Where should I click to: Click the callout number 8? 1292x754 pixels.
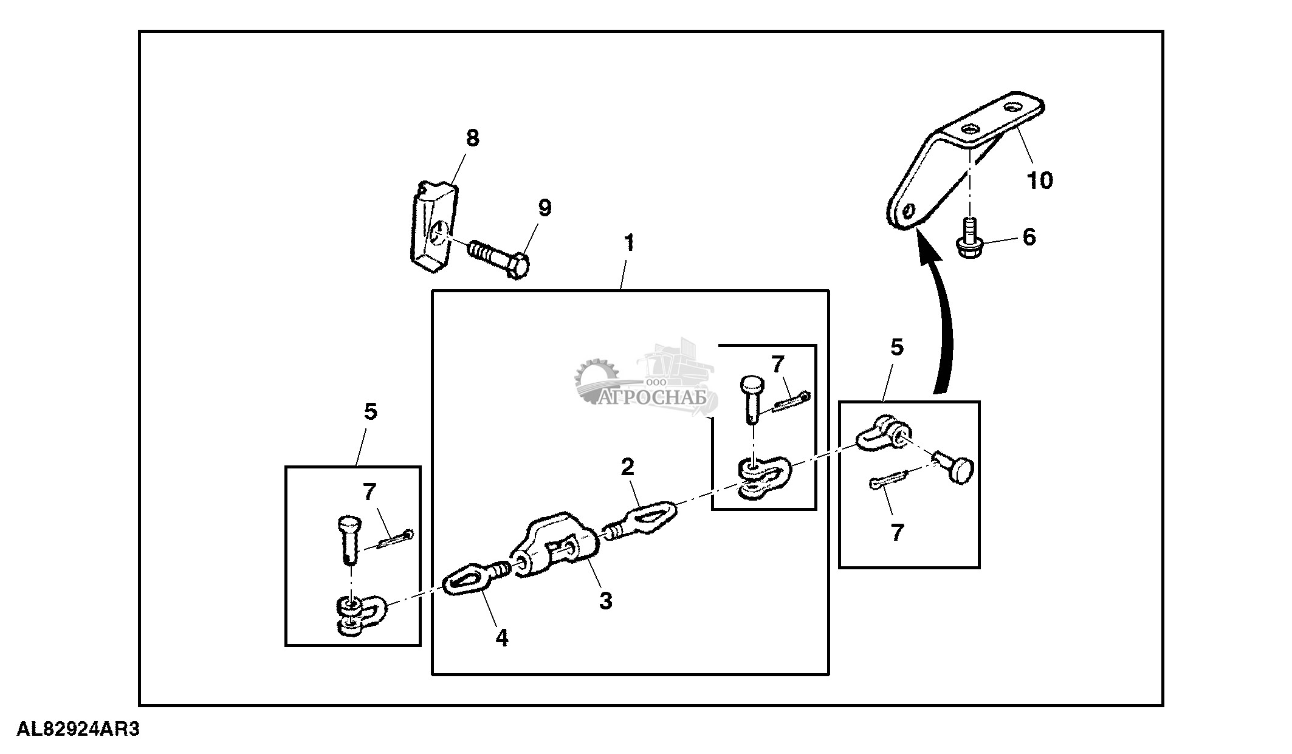(x=472, y=139)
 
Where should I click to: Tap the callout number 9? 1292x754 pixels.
(x=545, y=208)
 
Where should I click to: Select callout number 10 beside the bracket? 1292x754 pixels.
(x=1039, y=180)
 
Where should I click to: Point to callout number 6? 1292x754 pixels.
(x=1029, y=237)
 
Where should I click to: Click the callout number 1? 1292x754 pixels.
(x=629, y=244)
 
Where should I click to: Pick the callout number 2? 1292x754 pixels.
(x=627, y=467)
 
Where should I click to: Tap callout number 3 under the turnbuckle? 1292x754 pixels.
(x=605, y=601)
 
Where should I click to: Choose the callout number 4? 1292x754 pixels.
(x=501, y=637)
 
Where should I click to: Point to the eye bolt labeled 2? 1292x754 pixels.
(x=644, y=520)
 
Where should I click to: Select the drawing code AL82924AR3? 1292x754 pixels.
(x=78, y=730)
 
